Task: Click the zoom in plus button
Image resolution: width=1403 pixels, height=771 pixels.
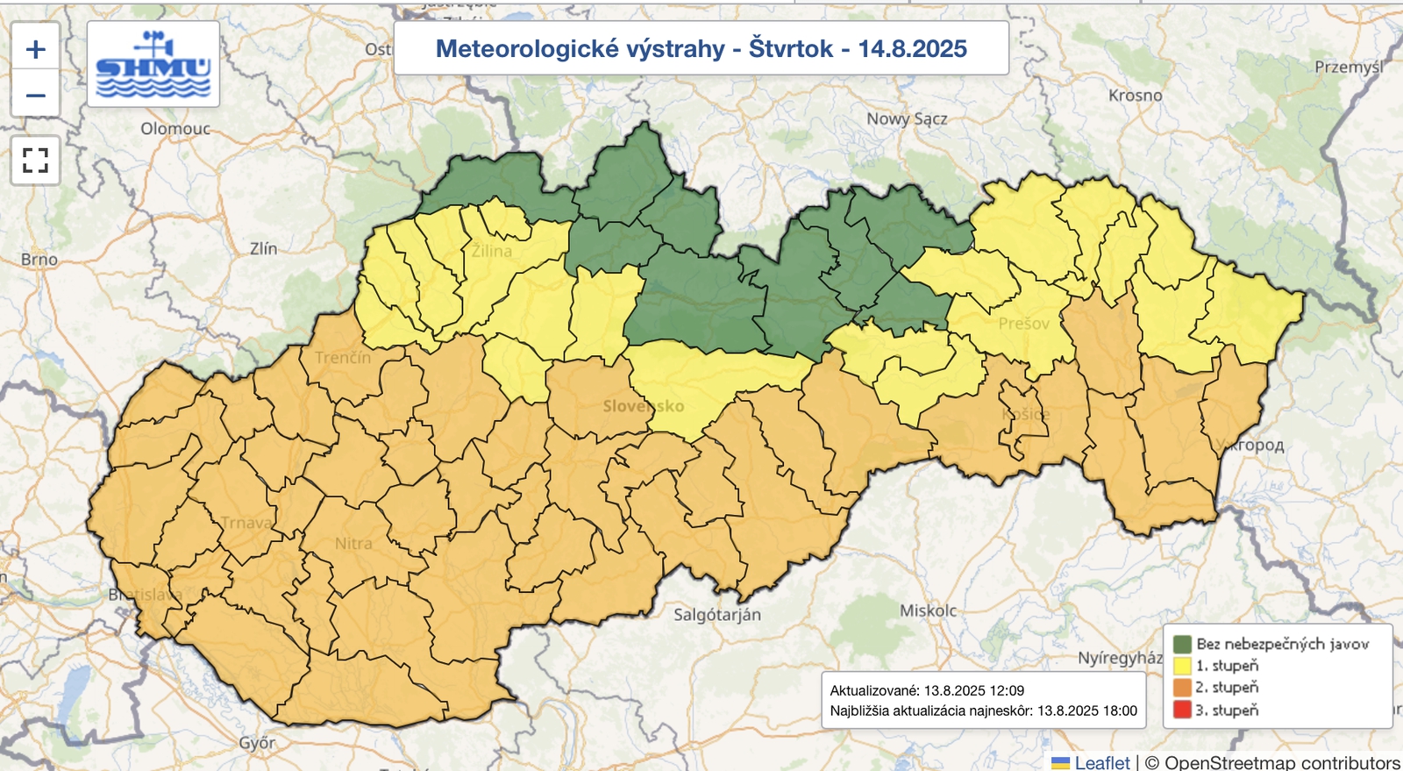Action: click(x=35, y=49)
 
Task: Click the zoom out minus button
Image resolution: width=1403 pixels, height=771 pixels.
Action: click(x=35, y=95)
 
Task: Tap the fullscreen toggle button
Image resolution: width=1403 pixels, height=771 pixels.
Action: click(x=35, y=161)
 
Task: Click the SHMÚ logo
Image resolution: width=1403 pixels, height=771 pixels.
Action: click(x=153, y=65)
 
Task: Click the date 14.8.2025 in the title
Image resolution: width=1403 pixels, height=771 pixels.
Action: click(x=912, y=49)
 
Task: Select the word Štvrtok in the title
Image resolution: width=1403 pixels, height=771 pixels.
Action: click(x=790, y=49)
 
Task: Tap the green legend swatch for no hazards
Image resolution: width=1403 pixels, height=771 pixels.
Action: click(x=1182, y=645)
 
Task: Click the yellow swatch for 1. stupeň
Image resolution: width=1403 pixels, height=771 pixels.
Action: click(x=1182, y=667)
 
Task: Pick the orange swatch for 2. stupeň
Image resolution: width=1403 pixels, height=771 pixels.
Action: click(x=1182, y=688)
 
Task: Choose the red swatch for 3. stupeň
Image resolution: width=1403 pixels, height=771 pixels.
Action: click(x=1182, y=710)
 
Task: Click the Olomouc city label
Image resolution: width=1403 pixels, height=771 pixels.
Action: click(x=175, y=129)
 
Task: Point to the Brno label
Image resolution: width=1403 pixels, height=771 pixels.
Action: click(x=39, y=260)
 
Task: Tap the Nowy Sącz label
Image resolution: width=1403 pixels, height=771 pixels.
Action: click(x=907, y=119)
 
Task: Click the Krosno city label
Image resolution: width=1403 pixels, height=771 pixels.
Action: click(x=1135, y=96)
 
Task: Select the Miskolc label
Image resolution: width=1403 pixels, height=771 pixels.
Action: click(x=928, y=610)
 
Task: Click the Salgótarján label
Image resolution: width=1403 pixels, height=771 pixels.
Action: click(x=716, y=615)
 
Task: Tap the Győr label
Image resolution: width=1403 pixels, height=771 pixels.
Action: click(x=257, y=744)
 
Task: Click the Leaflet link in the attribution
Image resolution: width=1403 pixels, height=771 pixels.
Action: click(x=1101, y=762)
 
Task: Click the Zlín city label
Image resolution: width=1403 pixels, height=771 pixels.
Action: click(x=263, y=249)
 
